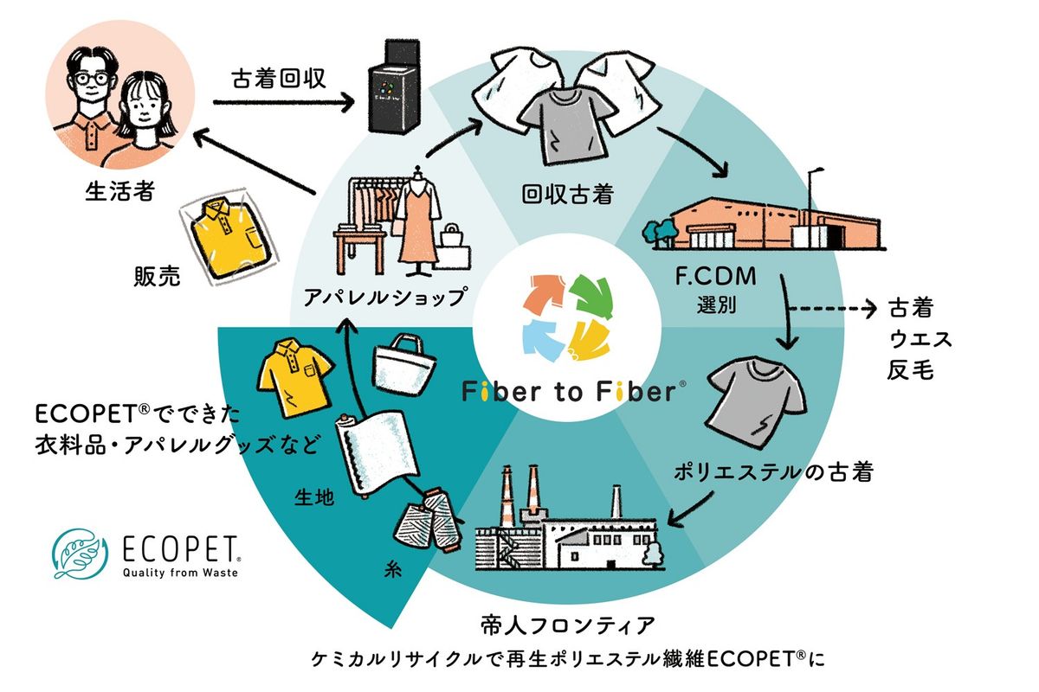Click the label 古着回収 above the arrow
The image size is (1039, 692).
(x=279, y=80)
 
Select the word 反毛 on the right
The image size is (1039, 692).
(x=908, y=370)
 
